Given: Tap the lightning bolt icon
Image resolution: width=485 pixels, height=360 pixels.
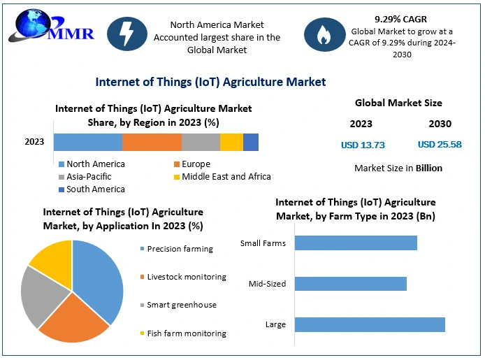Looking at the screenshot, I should point(127,36).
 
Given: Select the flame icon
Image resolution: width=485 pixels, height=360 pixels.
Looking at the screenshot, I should point(324,36).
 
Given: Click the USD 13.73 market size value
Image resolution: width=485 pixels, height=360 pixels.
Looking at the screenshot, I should point(363,145).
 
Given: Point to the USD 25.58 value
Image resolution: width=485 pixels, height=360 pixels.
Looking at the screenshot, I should point(440,145).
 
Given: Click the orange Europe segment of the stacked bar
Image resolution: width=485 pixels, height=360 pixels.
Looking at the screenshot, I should point(152,142).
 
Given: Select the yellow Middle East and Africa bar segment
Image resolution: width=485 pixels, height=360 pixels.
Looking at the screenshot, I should point(231,142).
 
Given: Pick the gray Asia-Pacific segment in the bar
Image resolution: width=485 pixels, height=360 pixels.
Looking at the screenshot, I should point(201,142).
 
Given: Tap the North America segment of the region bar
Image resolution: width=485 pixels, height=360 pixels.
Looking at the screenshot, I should point(88,142).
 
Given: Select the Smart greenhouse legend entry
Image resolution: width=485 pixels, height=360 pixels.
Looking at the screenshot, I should point(182,305).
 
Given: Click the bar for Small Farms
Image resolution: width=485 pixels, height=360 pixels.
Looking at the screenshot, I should point(356,243).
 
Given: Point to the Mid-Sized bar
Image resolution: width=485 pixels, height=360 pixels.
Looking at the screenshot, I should point(350,284).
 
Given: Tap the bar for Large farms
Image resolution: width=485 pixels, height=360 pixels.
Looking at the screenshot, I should point(370,324).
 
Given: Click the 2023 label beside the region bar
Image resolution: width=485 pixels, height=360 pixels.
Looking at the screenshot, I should point(34,142).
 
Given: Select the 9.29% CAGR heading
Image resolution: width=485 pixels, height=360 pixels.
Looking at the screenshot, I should point(401,20).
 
